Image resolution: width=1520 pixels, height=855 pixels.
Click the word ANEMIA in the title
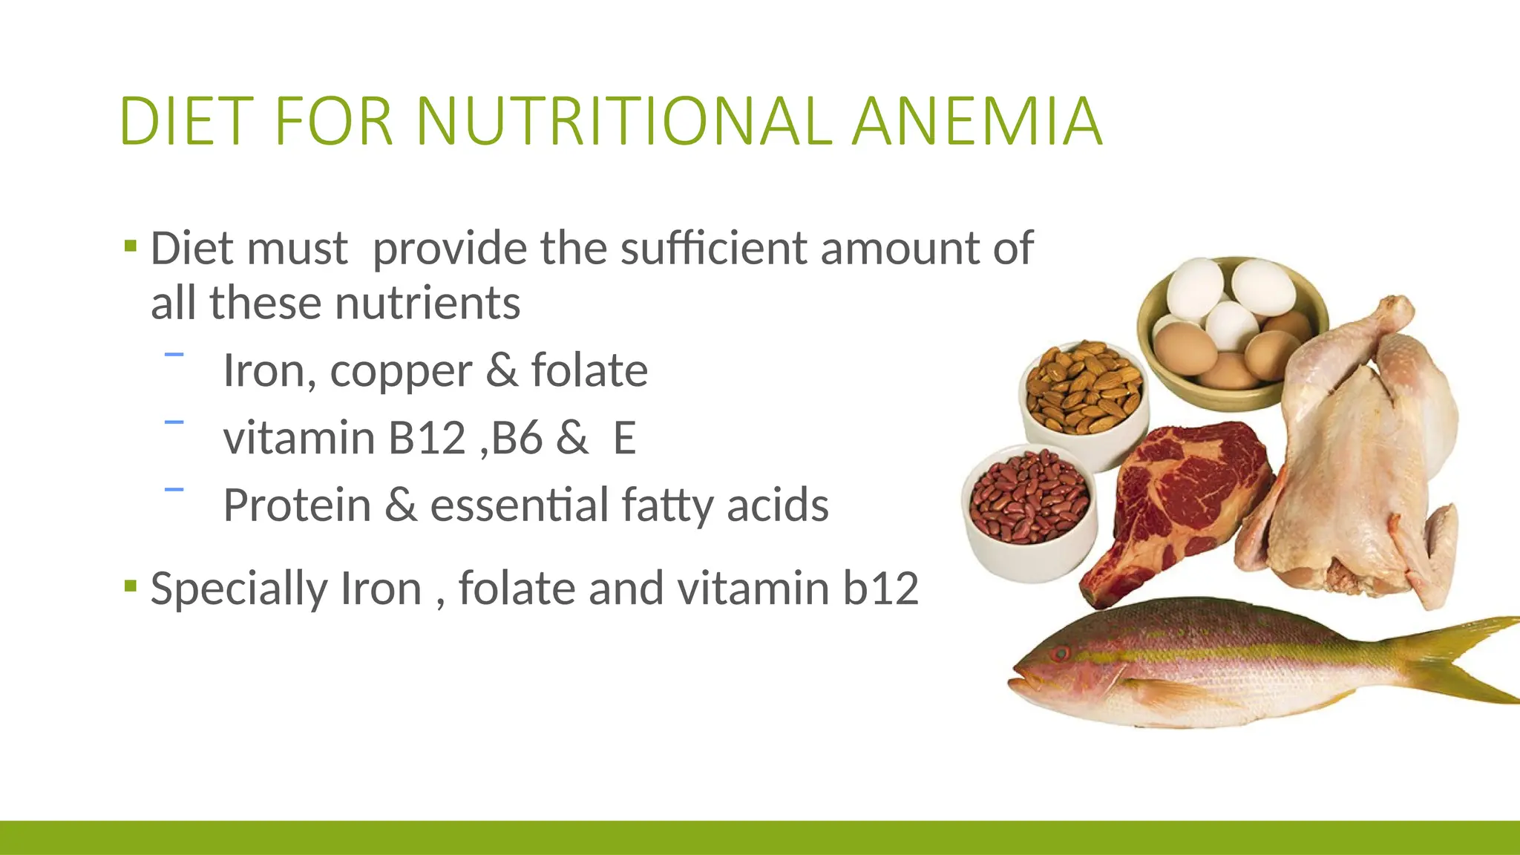pyautogui.click(x=977, y=121)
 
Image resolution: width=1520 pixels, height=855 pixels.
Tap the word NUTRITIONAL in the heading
pyautogui.click(x=624, y=121)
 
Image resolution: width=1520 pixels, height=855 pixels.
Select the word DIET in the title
pyautogui.click(x=182, y=121)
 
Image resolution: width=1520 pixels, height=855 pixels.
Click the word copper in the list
pyautogui.click(x=401, y=371)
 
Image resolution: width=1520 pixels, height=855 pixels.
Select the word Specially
pyautogui.click(x=238, y=589)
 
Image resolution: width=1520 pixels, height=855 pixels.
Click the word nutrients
pyautogui.click(x=427, y=304)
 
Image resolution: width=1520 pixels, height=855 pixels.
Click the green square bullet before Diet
pyautogui.click(x=131, y=246)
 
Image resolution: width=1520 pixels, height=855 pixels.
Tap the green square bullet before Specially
pyautogui.click(x=131, y=586)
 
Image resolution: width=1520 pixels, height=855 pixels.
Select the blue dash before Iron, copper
pyautogui.click(x=174, y=356)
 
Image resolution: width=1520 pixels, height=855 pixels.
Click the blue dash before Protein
pyautogui.click(x=174, y=489)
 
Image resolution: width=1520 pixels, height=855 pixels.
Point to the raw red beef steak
pyautogui.click(x=1180, y=497)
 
